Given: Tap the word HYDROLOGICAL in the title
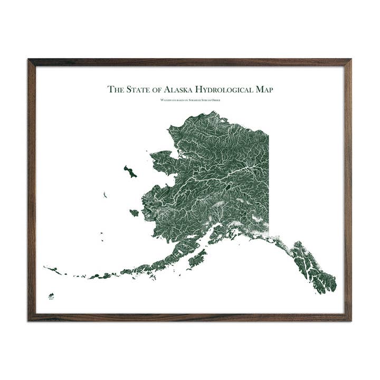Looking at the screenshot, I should pos(227,90).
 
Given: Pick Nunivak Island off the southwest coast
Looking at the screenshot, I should pos(134,213).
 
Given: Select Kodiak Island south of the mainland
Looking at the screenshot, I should pos(197,259).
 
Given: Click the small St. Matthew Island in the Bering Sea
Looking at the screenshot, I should pos(105,195).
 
